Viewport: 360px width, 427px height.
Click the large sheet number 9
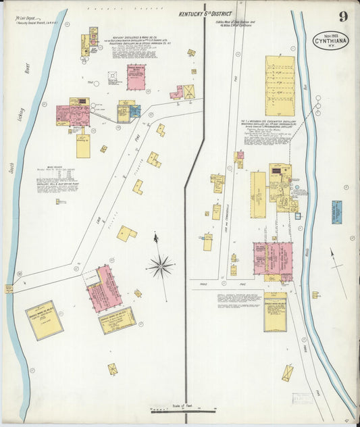344,16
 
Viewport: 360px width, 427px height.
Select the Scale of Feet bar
182,408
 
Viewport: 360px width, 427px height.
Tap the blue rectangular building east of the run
336,212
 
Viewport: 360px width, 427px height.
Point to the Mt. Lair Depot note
32,22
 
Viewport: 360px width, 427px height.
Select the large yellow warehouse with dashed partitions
280,86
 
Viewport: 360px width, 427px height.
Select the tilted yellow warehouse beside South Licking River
45,320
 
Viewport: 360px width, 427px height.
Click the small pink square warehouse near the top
136,78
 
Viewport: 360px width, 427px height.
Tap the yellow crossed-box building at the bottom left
112,369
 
